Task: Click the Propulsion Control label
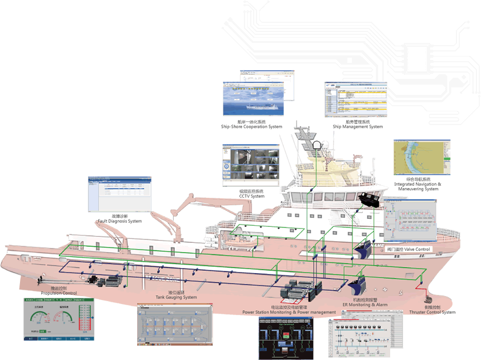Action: (x=59, y=291)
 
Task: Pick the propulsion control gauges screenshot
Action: (x=57, y=321)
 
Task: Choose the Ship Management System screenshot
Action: (x=356, y=99)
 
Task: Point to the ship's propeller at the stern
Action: (x=41, y=282)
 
